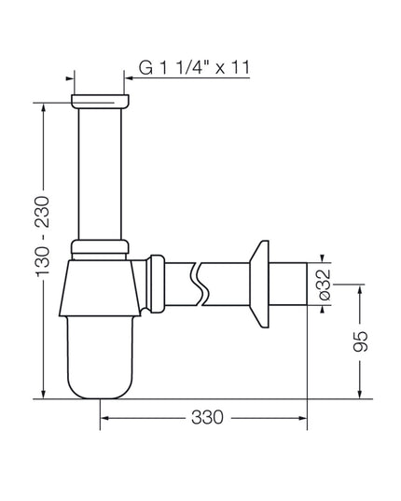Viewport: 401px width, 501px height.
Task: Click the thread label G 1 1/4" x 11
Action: tap(194, 67)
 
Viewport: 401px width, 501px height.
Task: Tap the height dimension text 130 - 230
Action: tap(43, 236)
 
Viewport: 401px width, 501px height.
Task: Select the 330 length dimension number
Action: tap(207, 417)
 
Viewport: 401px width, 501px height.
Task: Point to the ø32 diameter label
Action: tap(325, 285)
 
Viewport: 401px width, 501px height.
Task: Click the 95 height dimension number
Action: tap(361, 341)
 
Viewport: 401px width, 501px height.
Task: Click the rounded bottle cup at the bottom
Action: tap(101, 357)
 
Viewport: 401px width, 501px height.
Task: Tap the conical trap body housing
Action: tap(100, 288)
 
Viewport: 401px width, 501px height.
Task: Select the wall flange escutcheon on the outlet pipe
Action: tap(259, 284)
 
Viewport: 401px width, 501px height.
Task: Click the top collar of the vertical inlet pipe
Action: tap(101, 102)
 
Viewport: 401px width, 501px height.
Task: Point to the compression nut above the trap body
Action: tap(100, 246)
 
